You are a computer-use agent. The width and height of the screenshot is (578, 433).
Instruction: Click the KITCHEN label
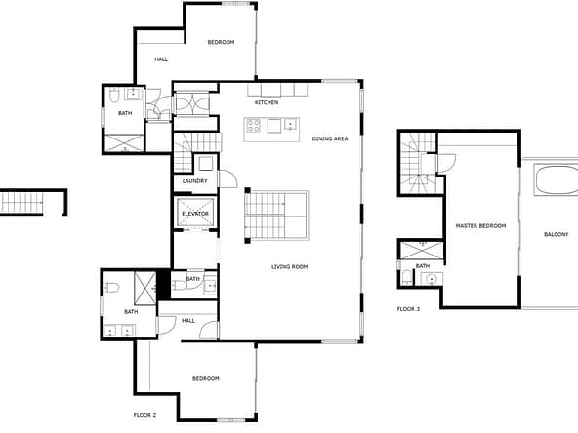click(x=267, y=102)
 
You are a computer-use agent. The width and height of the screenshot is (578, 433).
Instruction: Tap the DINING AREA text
click(x=330, y=138)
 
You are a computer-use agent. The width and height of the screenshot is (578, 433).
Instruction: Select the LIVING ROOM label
click(x=289, y=266)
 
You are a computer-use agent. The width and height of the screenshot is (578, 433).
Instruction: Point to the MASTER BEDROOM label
click(x=480, y=225)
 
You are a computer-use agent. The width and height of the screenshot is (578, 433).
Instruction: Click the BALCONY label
click(x=557, y=234)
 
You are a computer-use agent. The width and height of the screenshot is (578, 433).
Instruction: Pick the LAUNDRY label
click(x=194, y=181)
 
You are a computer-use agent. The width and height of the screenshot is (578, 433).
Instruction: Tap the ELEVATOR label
click(x=195, y=214)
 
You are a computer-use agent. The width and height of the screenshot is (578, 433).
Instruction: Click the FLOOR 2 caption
click(x=144, y=415)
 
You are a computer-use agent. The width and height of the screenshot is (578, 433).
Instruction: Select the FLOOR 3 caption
click(x=408, y=309)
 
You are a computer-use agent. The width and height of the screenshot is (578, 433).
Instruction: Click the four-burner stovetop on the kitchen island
click(x=254, y=125)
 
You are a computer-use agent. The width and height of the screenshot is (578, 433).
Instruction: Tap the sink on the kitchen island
click(x=291, y=125)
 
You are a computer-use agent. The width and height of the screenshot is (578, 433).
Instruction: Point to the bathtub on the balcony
click(x=556, y=180)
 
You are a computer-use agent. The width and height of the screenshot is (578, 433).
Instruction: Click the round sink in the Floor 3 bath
click(x=431, y=279)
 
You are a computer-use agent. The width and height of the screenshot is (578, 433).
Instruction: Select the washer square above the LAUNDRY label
click(x=206, y=163)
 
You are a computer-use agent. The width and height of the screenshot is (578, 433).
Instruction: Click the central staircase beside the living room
click(x=277, y=216)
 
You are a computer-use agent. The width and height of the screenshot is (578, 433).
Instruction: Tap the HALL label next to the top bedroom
click(x=161, y=59)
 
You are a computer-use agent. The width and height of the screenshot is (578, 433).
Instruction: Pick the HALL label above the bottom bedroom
click(x=188, y=321)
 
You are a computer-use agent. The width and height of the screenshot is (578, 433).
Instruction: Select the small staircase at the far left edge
click(x=21, y=203)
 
